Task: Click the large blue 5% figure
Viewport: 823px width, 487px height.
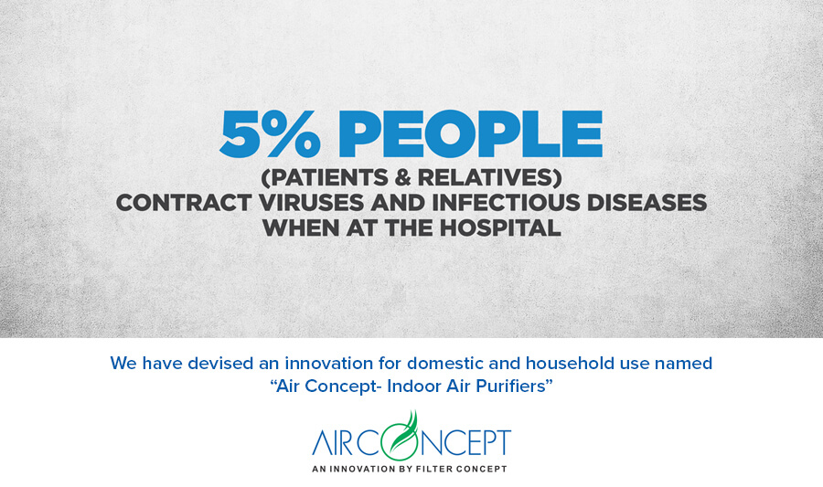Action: [270, 133]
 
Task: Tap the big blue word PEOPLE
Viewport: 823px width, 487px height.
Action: [470, 133]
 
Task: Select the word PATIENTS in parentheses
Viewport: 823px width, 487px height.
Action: [326, 177]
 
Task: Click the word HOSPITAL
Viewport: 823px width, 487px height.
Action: [500, 228]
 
